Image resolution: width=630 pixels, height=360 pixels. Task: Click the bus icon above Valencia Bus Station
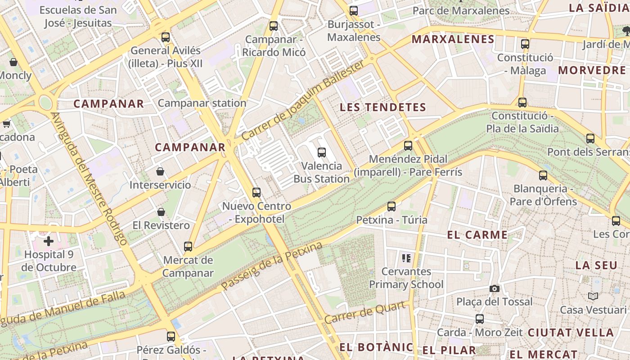pos(321,153)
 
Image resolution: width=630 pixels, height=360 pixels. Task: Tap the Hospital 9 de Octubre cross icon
pos(49,241)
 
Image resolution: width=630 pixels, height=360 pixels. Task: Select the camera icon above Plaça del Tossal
pos(494,288)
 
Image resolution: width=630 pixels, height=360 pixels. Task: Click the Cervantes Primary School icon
pos(406,258)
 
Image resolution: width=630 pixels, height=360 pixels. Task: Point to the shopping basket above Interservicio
pos(160,171)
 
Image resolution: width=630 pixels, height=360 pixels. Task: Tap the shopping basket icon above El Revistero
pos(161,212)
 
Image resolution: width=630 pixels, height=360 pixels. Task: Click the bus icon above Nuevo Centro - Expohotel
pos(256,193)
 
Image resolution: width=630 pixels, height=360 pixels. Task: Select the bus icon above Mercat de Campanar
pos(188,247)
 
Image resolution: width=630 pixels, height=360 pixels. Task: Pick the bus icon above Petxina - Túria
pos(391,207)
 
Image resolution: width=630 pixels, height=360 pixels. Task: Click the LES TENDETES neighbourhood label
pos(382,107)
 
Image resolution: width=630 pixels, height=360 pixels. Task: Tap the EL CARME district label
pos(477,234)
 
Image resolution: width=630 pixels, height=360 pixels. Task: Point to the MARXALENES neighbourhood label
pos(453,39)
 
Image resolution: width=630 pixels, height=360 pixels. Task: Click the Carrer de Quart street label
pos(368,311)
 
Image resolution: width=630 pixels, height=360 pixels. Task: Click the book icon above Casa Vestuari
pos(593,296)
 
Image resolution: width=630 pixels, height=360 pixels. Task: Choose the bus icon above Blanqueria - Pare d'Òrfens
pos(543,175)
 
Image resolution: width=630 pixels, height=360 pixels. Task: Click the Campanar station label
pos(202,103)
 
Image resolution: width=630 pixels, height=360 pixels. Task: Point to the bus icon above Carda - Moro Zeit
pos(480,319)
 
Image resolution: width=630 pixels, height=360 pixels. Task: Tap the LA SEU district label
pos(596,265)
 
